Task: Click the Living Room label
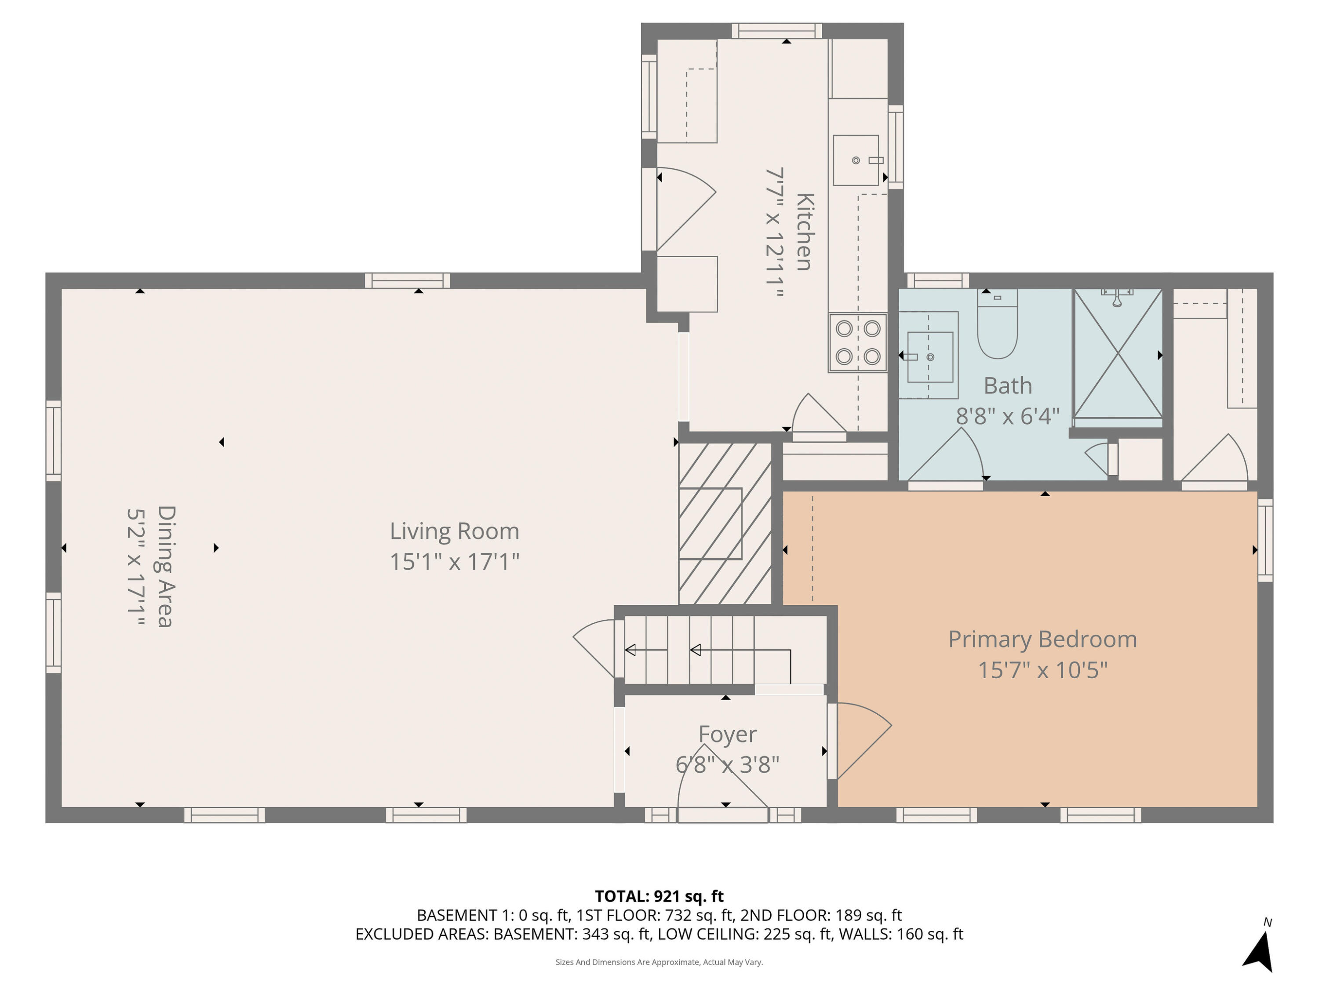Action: click(x=454, y=531)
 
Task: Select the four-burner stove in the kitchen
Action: click(x=857, y=343)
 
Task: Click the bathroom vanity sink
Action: click(x=929, y=357)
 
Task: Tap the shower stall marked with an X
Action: click(x=1118, y=354)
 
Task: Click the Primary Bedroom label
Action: click(x=1042, y=640)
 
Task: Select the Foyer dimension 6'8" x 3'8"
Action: click(x=727, y=764)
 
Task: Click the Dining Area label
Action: click(x=165, y=566)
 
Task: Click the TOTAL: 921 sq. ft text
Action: click(x=659, y=896)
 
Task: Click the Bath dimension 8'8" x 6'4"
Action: click(x=1007, y=415)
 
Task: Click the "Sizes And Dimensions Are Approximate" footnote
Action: click(x=659, y=962)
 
